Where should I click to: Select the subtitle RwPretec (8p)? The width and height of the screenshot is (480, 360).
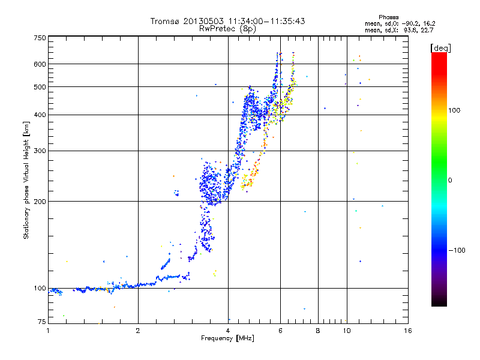tap(227, 29)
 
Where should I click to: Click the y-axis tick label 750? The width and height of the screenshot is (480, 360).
tap(40, 38)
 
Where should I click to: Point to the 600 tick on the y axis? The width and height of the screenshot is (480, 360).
tap(40, 64)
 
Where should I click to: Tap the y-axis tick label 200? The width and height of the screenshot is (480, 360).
tap(40, 202)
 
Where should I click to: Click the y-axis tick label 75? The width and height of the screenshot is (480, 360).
tap(42, 322)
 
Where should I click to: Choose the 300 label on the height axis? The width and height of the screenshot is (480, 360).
tap(40, 151)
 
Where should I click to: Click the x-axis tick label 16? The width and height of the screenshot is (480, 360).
tap(408, 331)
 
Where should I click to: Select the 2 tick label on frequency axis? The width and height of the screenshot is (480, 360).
tap(138, 331)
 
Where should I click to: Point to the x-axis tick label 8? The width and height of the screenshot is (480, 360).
tap(318, 331)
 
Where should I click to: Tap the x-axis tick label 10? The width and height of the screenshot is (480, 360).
tap(347, 331)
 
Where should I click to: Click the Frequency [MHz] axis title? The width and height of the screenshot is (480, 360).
tap(227, 338)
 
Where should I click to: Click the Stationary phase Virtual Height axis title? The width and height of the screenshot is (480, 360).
tap(26, 180)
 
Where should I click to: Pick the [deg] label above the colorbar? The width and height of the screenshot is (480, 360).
tap(440, 48)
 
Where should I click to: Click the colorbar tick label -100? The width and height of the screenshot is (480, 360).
tap(457, 250)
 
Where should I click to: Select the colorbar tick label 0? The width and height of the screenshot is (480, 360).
tap(450, 181)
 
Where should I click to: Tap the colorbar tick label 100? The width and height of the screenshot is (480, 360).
tap(454, 110)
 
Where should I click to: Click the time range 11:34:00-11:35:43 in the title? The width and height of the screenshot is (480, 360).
tap(266, 21)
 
